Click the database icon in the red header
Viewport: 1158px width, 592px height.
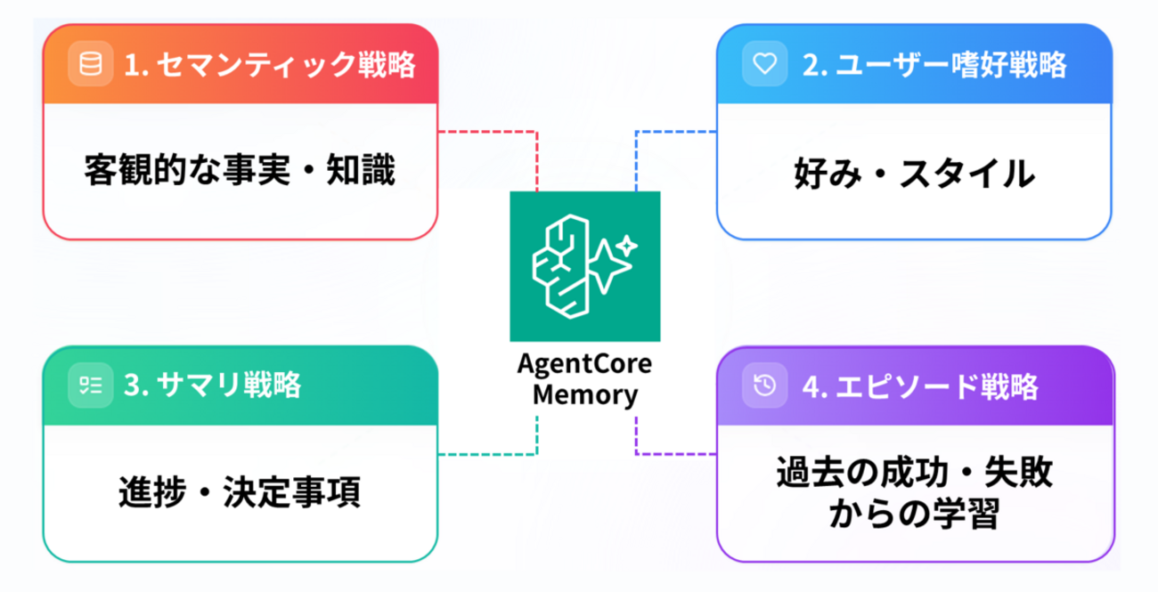[90, 64]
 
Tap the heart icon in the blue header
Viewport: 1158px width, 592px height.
[762, 64]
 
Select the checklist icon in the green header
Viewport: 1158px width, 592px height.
[90, 385]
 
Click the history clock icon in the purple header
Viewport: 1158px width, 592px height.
[763, 385]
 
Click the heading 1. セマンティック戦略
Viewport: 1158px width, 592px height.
[269, 65]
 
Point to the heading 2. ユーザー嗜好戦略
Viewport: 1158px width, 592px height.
[934, 65]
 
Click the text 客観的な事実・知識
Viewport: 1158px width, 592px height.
[240, 171]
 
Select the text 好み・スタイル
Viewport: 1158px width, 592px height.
[914, 173]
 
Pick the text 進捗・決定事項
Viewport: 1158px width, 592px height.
[240, 492]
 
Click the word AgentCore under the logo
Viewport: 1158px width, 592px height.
[584, 367]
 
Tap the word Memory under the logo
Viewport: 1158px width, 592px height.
[584, 393]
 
